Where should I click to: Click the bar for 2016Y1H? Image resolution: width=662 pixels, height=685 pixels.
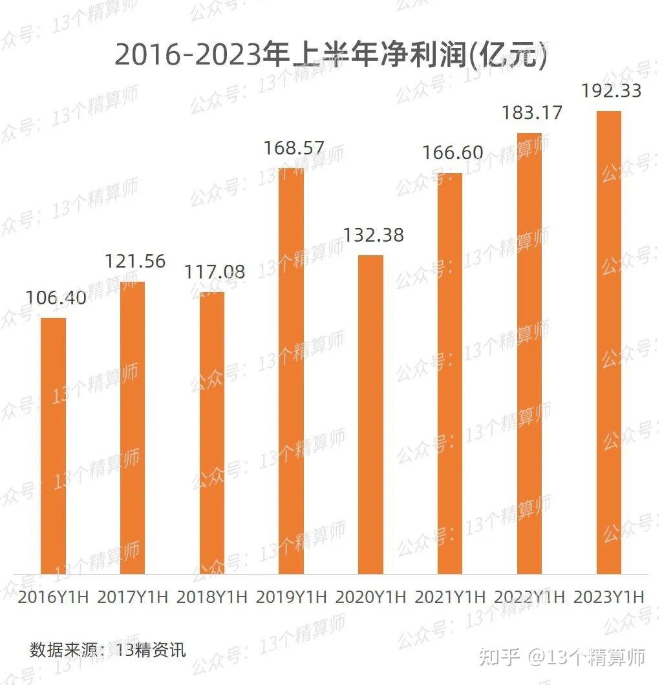click(53, 445)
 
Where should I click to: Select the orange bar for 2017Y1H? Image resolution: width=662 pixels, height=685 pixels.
click(133, 427)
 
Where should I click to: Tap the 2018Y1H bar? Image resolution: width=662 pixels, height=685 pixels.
click(212, 432)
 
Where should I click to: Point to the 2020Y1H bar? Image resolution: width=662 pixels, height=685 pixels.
click(370, 414)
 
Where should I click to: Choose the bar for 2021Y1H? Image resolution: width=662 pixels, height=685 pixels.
click(450, 373)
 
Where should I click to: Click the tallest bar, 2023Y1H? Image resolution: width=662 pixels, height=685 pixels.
click(608, 342)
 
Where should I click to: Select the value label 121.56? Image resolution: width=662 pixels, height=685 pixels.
click(136, 262)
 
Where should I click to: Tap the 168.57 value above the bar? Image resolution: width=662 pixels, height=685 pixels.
click(294, 149)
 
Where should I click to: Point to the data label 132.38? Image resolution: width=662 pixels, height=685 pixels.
click(373, 235)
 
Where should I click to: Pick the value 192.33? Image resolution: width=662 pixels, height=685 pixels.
click(611, 90)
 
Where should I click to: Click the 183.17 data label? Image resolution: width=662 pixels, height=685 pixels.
click(532, 113)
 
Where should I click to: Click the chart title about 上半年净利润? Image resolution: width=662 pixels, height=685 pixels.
click(331, 56)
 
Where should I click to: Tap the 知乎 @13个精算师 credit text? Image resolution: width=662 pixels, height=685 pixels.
click(561, 658)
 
